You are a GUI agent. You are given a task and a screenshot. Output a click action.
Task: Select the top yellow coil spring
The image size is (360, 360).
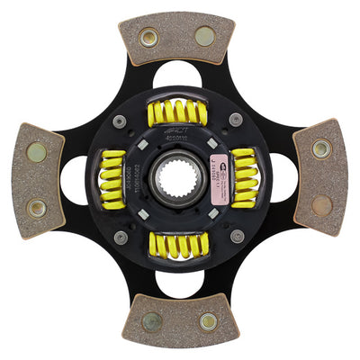point(177,112)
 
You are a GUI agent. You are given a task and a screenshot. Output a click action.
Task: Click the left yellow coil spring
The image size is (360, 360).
point(112,179)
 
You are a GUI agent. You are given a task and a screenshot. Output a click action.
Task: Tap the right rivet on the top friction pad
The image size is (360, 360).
point(205,37)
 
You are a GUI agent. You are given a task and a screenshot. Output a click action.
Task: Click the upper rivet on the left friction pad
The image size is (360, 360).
point(37,152)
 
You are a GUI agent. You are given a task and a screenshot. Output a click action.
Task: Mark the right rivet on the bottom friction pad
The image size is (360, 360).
point(208,321)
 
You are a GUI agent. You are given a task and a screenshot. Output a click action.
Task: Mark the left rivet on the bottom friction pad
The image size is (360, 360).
point(152,321)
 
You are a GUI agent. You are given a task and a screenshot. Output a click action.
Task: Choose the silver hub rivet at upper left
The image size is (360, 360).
point(120,121)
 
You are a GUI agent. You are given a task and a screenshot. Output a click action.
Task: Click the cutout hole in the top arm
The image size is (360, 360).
point(177,76)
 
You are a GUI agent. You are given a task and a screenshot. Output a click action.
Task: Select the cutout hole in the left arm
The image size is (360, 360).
point(74,179)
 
